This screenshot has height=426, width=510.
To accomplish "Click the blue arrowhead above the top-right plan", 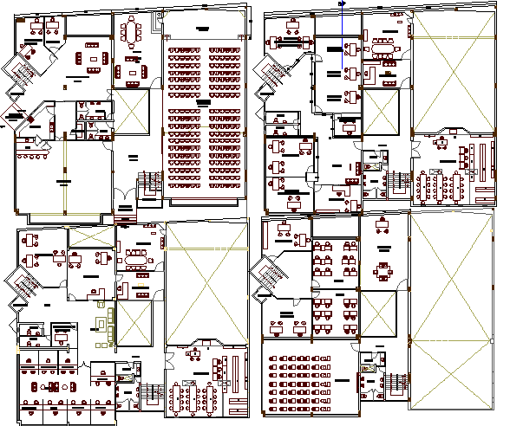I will coord(344,3).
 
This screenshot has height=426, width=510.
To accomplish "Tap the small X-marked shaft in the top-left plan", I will coord(132,112).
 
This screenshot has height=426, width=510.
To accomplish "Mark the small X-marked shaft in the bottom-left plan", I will coord(133,319).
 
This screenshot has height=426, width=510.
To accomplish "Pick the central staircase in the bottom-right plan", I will coord(396,382).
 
